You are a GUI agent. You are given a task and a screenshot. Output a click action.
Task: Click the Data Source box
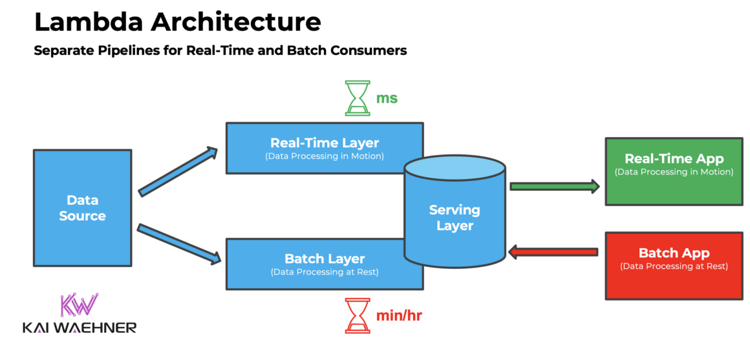click(82, 207)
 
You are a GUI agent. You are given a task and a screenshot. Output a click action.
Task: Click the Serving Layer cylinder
click(454, 217)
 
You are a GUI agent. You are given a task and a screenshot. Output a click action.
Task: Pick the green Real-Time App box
click(673, 171)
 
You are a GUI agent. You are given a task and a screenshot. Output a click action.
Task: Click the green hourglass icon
click(357, 98)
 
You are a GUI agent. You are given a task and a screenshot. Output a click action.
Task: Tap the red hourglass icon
click(357, 315)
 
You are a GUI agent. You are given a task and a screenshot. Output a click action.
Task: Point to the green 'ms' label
click(387, 99)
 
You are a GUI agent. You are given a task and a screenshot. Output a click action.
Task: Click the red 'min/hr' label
click(399, 316)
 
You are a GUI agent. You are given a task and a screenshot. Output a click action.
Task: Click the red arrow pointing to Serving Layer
click(553, 251)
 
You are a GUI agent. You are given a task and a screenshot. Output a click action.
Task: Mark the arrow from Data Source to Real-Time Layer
click(178, 171)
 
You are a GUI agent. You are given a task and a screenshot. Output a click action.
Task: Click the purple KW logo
click(79, 304)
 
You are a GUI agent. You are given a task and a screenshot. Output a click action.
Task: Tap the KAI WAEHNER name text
click(80, 328)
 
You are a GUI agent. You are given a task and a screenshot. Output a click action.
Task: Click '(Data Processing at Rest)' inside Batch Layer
click(325, 272)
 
